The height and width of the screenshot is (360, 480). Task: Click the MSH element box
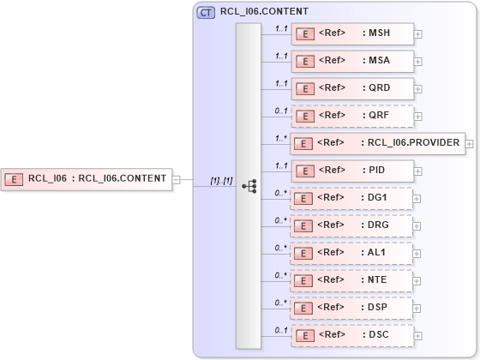[x=352, y=34]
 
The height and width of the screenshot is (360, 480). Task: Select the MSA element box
[x=352, y=61]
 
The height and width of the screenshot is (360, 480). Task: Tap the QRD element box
[x=352, y=87]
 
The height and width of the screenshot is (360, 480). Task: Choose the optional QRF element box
[x=352, y=115]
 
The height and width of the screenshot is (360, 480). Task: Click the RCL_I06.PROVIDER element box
[x=377, y=143]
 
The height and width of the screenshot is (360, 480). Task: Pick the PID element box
[x=352, y=171]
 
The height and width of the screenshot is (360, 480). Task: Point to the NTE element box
[x=352, y=280]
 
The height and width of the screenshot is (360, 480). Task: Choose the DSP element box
[x=352, y=308]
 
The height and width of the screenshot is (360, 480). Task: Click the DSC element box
[x=352, y=335]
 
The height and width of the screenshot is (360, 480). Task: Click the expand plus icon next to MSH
[x=418, y=35]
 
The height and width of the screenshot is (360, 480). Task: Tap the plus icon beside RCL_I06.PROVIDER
[x=469, y=143]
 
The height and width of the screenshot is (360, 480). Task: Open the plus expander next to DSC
[x=418, y=335]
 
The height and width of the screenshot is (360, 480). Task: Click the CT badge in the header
[x=206, y=13]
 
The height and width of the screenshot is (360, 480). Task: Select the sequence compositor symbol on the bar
[x=249, y=185]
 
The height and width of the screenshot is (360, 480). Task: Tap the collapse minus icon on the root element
[x=176, y=179]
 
